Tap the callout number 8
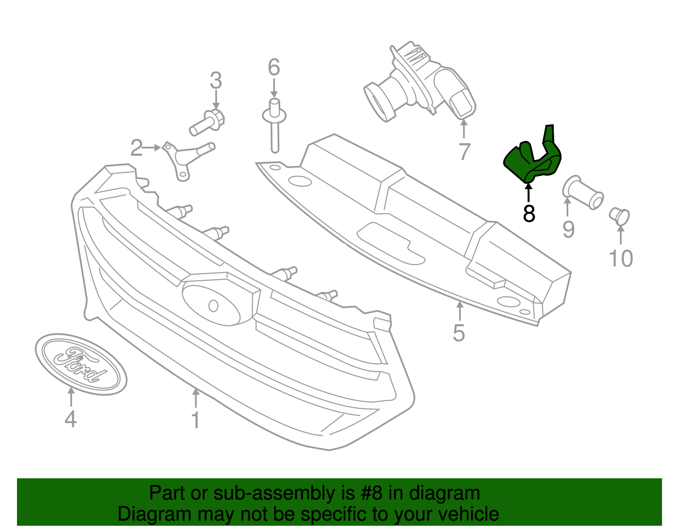[529, 213]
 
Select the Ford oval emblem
[81, 364]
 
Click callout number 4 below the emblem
[70, 419]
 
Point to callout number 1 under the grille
[195, 420]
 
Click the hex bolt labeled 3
[208, 122]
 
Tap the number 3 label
[216, 80]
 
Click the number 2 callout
[136, 148]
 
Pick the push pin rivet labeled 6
[274, 125]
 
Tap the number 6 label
[274, 67]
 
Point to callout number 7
[464, 151]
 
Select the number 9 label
[568, 229]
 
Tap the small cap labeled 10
[620, 216]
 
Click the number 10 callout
[620, 258]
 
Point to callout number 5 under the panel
[459, 333]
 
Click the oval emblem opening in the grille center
[211, 305]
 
